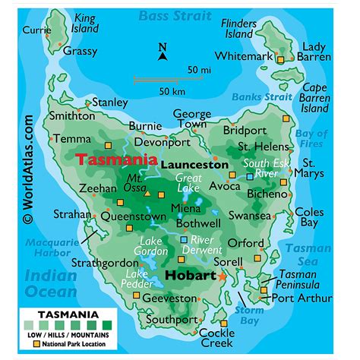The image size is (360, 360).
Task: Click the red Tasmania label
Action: click(x=116, y=160)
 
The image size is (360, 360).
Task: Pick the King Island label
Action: click(x=85, y=24)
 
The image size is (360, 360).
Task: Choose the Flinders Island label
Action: click(x=239, y=29)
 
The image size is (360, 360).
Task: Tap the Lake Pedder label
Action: click(x=137, y=279)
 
